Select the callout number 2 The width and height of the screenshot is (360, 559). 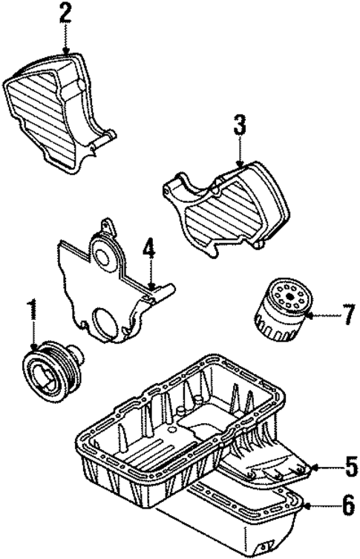(x=66, y=14)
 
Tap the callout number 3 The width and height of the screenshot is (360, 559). (x=239, y=125)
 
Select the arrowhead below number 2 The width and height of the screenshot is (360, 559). (x=66, y=50)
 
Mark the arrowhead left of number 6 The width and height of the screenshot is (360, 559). (x=307, y=508)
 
